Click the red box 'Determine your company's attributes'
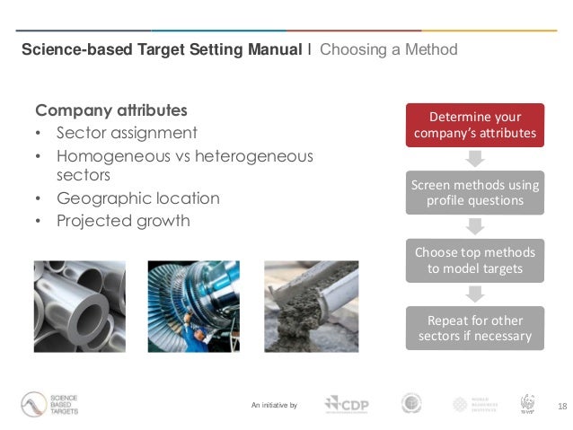click(x=475, y=126)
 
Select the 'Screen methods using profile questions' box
click(x=475, y=192)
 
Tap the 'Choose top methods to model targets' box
click(x=475, y=260)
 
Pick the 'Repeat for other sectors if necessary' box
click(x=475, y=329)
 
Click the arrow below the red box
click(x=475, y=159)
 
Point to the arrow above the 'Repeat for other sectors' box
click(x=475, y=294)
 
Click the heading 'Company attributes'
click(x=111, y=111)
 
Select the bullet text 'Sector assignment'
click(x=127, y=133)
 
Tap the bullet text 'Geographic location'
click(x=137, y=198)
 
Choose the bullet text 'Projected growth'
click(x=123, y=221)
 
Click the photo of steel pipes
click(x=80, y=306)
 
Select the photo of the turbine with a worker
click(x=194, y=306)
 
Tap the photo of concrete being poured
click(x=311, y=306)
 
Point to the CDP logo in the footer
click(x=345, y=405)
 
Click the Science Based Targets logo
click(x=51, y=405)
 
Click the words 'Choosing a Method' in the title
click(x=388, y=49)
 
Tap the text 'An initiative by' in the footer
click(x=274, y=407)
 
